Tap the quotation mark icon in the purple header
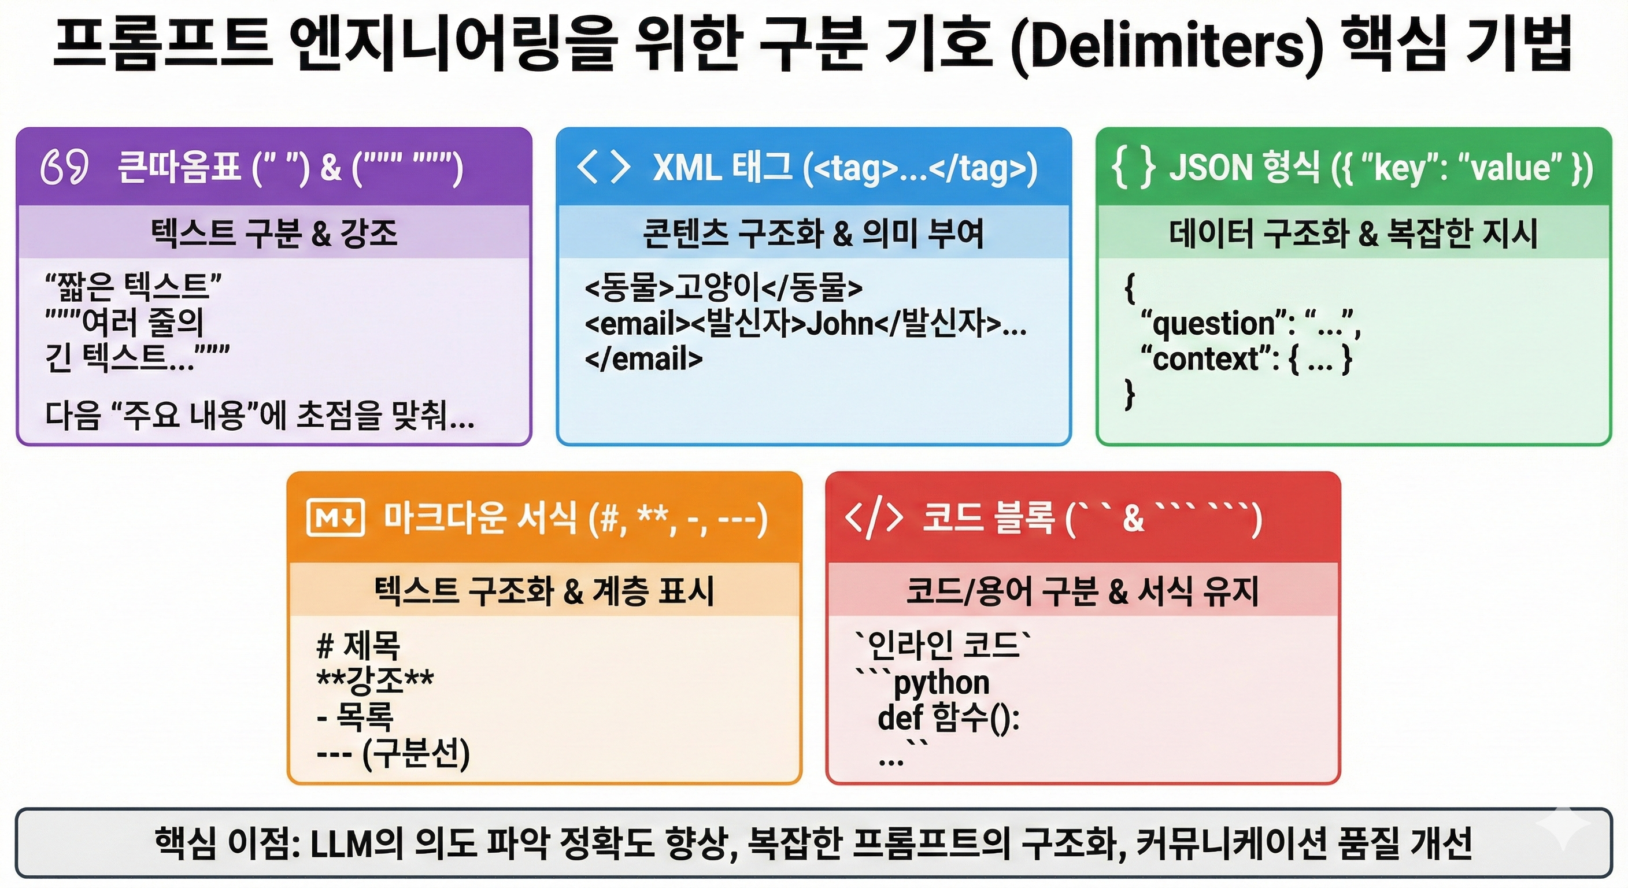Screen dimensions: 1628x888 click(x=64, y=168)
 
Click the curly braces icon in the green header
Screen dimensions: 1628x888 click(x=1134, y=168)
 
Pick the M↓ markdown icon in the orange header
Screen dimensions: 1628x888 click(x=335, y=517)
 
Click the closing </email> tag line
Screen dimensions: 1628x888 click(x=643, y=359)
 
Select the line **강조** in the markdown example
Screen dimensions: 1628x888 click(x=375, y=680)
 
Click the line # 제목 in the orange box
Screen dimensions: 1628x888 click(x=358, y=645)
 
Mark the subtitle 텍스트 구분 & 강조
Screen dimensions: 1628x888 click(x=273, y=232)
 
